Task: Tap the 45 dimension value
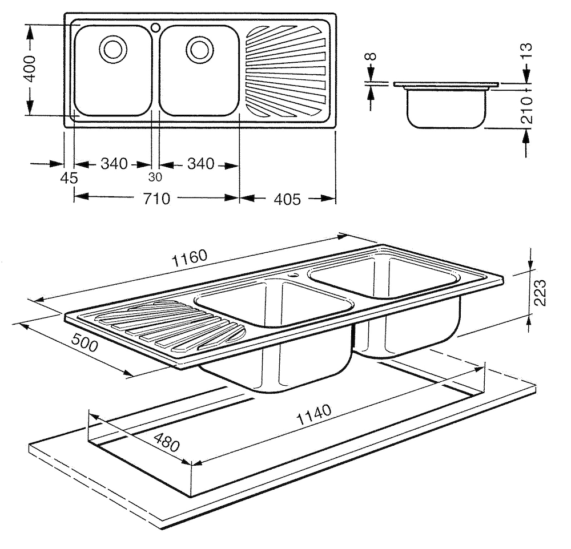click(69, 179)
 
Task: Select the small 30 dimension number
click(154, 177)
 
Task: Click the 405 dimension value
click(286, 199)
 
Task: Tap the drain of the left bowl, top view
click(111, 48)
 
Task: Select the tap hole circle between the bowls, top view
click(155, 26)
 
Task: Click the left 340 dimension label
click(114, 164)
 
